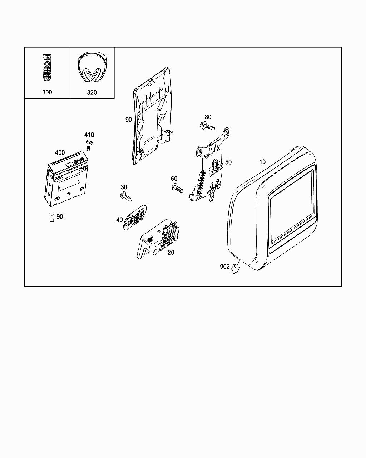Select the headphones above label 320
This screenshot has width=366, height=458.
pos(92,68)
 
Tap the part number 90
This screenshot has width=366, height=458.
pos(129,120)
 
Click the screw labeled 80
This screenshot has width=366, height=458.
pos(207,126)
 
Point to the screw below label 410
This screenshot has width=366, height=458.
pos(89,145)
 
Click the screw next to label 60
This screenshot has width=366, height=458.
pos(177,188)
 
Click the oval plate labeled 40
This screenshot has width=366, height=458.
pos(135,216)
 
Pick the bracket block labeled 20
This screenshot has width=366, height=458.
pos(159,238)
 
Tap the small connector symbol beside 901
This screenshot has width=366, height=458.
pos(52,217)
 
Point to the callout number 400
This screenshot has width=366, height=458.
pos(60,153)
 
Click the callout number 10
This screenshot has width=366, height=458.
pos(262,162)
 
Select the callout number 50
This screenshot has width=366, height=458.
pos(228,162)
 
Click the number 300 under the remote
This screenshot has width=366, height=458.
pos(47,92)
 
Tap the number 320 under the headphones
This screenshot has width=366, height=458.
pos(92,92)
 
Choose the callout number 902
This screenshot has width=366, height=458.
pos(225,267)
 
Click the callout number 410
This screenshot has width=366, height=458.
pos(89,135)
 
